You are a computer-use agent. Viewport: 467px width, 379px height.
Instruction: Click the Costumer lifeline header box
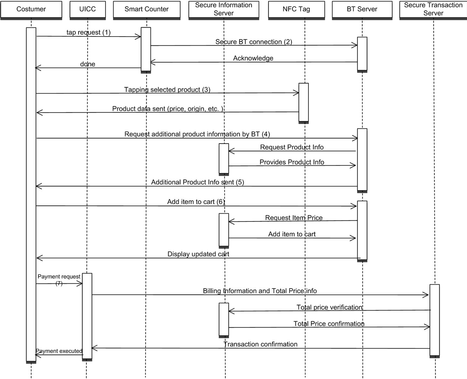pyautogui.click(x=31, y=10)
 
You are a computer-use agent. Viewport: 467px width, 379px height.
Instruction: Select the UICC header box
pyautogui.click(x=88, y=10)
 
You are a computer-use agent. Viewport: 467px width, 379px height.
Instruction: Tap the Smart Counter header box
pyautogui.click(x=147, y=10)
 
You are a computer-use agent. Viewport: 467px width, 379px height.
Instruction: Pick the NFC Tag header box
pyautogui.click(x=297, y=10)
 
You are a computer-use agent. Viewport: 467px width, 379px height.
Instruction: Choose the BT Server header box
pyautogui.click(x=362, y=10)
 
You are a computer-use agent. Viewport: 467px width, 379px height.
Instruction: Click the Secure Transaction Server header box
pyautogui.click(x=433, y=10)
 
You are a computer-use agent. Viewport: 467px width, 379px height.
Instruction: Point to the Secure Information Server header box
pyautogui.click(x=223, y=10)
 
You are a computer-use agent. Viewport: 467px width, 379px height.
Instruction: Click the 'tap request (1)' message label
pyautogui.click(x=89, y=32)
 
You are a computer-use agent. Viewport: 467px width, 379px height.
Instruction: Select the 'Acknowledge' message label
pyautogui.click(x=253, y=58)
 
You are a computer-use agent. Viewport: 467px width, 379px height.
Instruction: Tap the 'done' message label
pyautogui.click(x=88, y=64)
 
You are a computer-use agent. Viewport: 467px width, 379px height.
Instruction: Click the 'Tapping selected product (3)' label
pyautogui.click(x=167, y=90)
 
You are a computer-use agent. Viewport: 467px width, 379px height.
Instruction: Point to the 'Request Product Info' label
pyautogui.click(x=292, y=147)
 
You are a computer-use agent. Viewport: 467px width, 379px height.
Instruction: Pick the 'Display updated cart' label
pyautogui.click(x=198, y=254)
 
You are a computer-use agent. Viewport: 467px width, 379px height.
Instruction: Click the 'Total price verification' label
pyautogui.click(x=330, y=307)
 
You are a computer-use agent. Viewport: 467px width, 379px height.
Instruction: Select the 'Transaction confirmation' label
pyautogui.click(x=260, y=344)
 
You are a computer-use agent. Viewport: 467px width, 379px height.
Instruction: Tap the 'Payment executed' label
pyautogui.click(x=59, y=351)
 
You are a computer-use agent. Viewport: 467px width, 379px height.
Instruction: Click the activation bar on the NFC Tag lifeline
pyautogui.click(x=304, y=103)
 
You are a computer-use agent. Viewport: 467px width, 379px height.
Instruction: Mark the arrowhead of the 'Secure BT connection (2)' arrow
pyautogui.click(x=355, y=45)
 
